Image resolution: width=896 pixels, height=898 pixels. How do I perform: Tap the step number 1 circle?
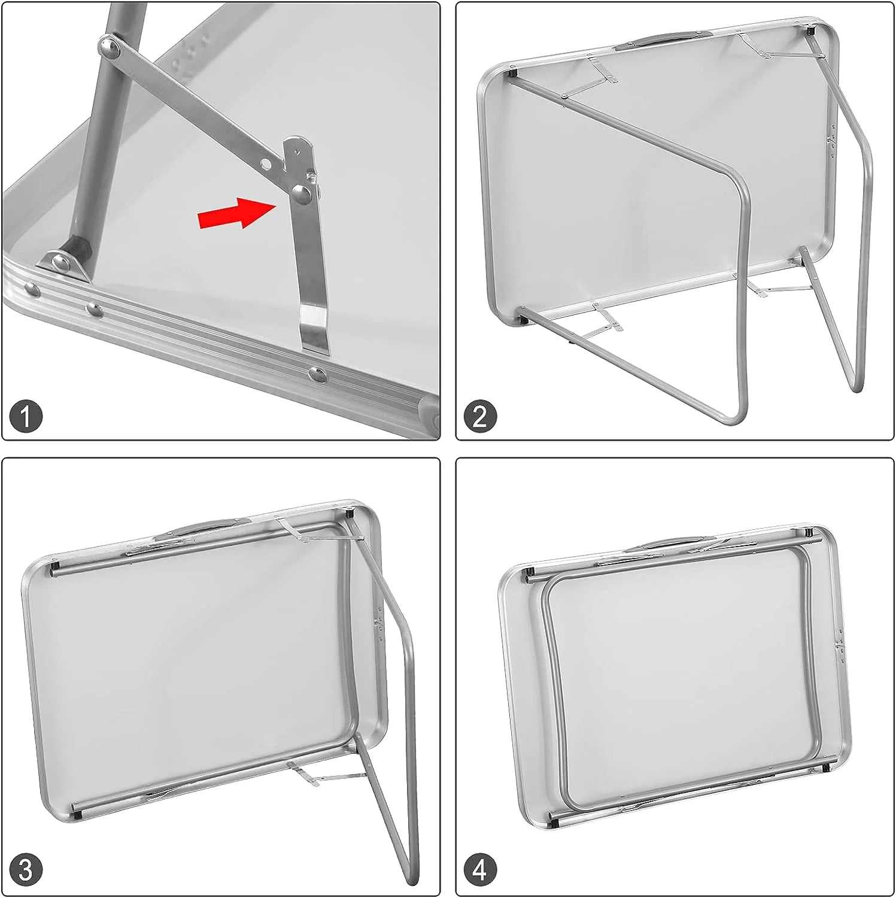[x=26, y=415]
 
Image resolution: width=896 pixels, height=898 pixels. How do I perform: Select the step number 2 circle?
[x=480, y=415]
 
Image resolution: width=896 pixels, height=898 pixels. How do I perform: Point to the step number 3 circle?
[x=26, y=869]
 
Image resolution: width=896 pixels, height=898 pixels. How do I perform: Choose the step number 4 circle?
[x=480, y=869]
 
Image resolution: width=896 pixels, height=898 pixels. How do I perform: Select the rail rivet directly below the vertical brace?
[x=318, y=375]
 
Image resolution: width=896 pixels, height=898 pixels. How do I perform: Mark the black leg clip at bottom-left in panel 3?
[x=77, y=814]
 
